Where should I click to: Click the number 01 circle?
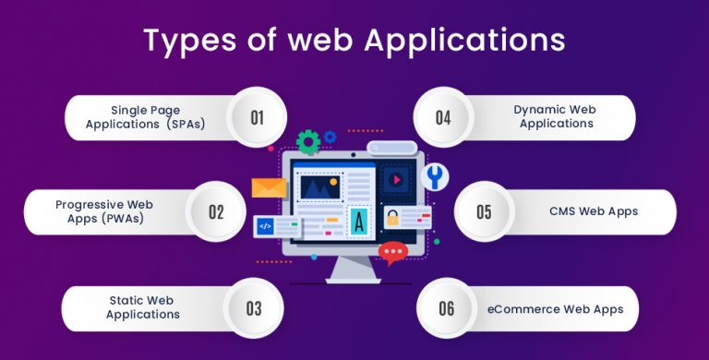tap(257, 117)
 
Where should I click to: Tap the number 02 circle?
tap(216, 211)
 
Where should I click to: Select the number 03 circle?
tap(254, 307)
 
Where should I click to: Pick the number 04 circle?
tap(442, 117)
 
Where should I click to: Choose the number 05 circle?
tap(484, 211)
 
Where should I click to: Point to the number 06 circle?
tap(447, 307)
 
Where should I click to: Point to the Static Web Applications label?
tap(142, 307)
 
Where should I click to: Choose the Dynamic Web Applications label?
tap(555, 116)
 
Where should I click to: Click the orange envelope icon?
tap(269, 187)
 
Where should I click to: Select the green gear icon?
tap(308, 142)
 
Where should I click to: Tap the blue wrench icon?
tap(432, 176)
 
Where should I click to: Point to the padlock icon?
tap(392, 219)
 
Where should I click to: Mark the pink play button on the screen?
tap(398, 178)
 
